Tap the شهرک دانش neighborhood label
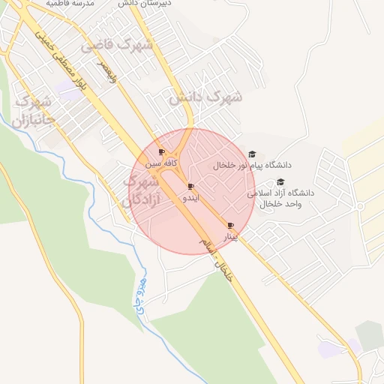click(205, 97)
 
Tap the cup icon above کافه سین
click(162, 152)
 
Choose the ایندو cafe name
click(191, 198)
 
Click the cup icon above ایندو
click(191, 186)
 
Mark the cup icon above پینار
click(230, 225)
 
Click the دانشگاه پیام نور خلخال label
click(252, 165)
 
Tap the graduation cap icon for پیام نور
click(251, 154)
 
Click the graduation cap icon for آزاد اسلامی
click(280, 181)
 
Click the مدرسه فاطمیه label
click(70, 3)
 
